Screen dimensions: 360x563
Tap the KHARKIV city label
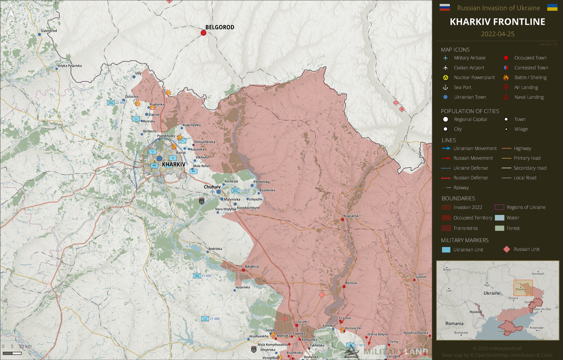(173, 165)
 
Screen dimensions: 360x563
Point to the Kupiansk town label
(351, 216)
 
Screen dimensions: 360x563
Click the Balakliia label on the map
(252, 266)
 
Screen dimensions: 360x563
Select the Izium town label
(302, 322)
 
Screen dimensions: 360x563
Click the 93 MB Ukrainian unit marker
(197, 276)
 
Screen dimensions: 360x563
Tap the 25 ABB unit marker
(205, 319)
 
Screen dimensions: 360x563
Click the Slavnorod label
(49, 31)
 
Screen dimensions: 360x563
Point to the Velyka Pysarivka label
(69, 66)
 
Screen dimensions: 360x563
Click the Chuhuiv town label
(212, 186)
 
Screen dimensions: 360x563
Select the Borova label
(351, 283)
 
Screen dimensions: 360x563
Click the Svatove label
(420, 277)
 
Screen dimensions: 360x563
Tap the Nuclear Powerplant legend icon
(446, 77)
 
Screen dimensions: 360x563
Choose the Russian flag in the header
(444, 7)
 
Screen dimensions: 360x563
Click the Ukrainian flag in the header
(552, 7)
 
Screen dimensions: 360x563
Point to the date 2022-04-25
(497, 34)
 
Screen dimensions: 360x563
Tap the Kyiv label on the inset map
(487, 285)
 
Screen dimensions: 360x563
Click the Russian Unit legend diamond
(507, 249)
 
